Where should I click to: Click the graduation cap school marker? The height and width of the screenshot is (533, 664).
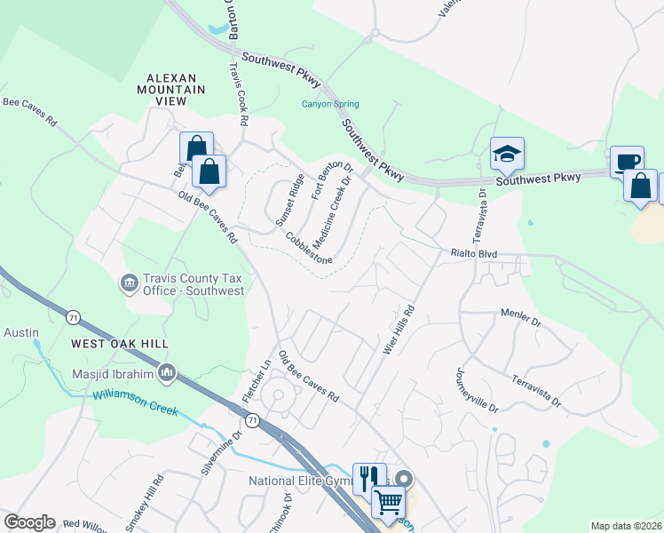(507, 155)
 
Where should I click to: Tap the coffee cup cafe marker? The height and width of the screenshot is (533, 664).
(627, 162)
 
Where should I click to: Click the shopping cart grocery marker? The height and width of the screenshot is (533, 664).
(388, 502)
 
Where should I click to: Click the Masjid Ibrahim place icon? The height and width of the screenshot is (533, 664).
(165, 370)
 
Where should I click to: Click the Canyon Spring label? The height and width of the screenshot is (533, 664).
(329, 104)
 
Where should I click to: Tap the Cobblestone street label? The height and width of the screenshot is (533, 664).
(309, 249)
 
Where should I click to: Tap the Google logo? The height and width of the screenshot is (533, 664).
(29, 522)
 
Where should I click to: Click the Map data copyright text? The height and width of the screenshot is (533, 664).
(626, 526)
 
